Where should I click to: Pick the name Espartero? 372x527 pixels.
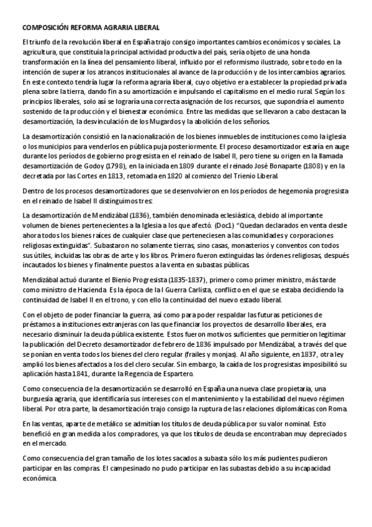coord(175,373)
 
